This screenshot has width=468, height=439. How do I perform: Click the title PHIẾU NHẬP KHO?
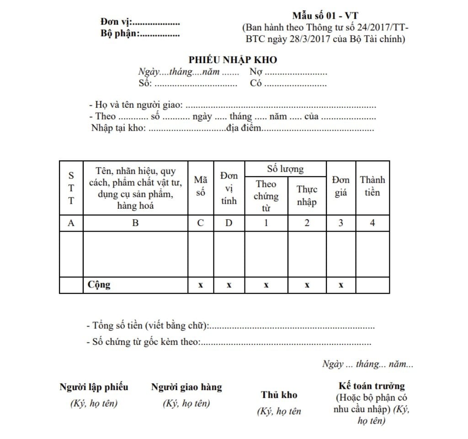click(x=233, y=60)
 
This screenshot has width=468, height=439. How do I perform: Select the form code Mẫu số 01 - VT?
click(x=325, y=16)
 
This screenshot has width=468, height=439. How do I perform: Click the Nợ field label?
click(x=255, y=72)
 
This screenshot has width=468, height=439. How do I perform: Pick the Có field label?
click(x=256, y=84)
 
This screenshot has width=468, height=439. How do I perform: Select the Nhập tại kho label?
click(x=118, y=128)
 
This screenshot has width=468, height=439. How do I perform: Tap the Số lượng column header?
click(x=286, y=169)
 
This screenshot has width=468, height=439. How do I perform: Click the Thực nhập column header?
click(x=307, y=196)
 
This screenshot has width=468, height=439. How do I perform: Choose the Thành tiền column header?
click(x=372, y=186)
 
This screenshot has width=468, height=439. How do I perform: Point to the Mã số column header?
click(x=201, y=186)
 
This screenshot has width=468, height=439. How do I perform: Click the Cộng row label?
click(x=99, y=285)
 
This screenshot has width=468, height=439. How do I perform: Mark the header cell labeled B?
click(x=135, y=223)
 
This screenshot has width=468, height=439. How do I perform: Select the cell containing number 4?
click(x=372, y=223)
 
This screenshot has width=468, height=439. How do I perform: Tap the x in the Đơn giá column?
click(x=341, y=285)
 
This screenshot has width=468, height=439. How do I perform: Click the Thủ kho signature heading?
click(x=279, y=395)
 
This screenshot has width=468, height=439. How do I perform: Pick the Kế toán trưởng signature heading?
click(x=372, y=386)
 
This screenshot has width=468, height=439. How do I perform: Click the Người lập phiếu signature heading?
click(x=94, y=387)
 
